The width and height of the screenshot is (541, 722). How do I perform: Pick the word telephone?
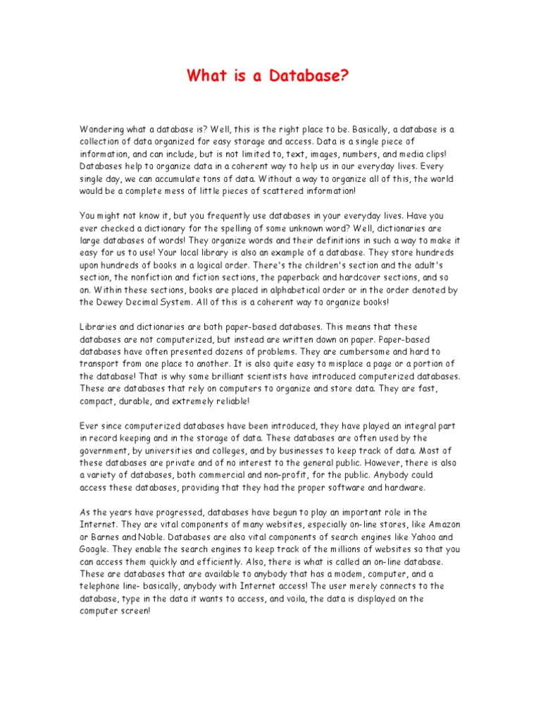(103, 586)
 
